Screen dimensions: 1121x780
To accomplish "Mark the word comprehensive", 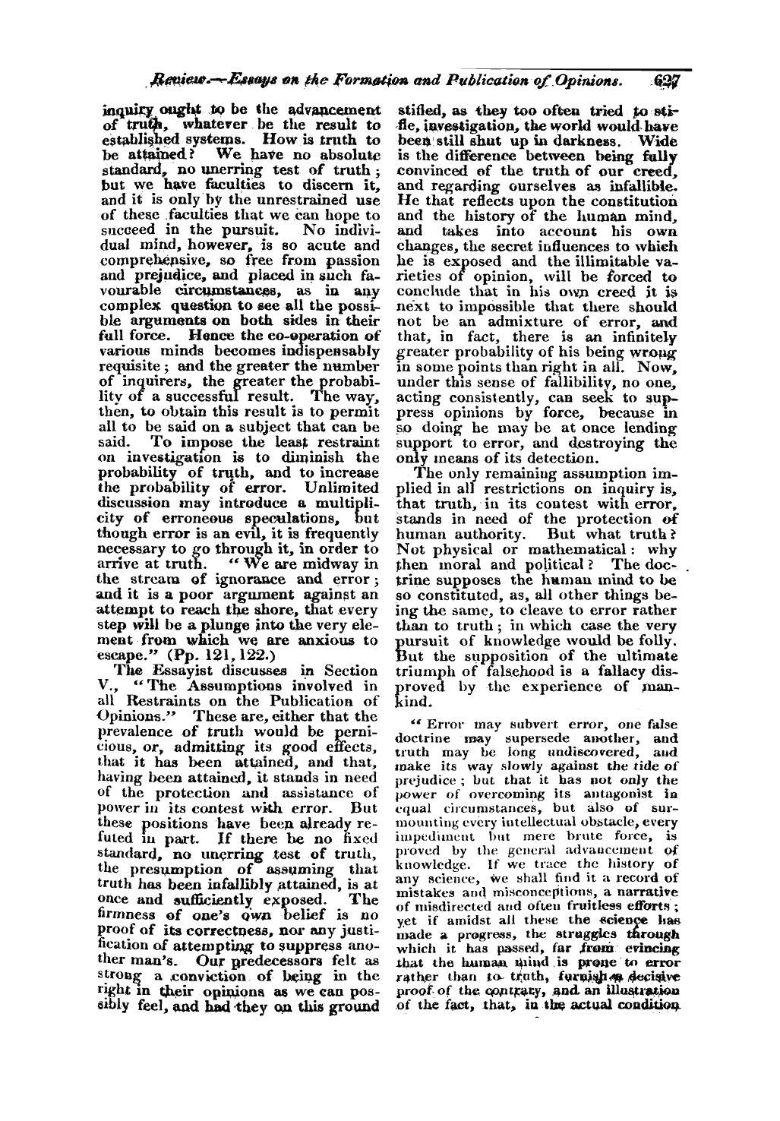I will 145,260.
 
